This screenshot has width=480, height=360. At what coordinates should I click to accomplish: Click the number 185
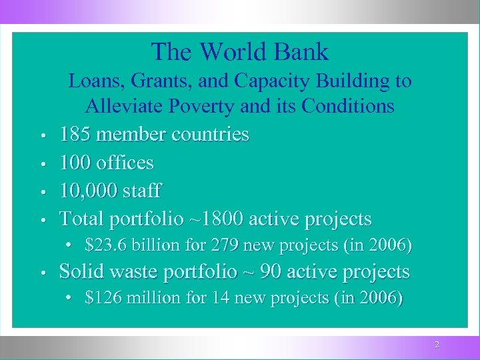(75, 135)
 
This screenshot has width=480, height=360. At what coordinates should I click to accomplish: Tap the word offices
(125, 163)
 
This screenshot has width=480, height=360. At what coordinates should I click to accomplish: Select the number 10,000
(88, 191)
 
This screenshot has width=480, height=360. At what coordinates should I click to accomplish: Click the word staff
(141, 191)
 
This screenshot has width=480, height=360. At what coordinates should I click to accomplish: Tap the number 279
(227, 246)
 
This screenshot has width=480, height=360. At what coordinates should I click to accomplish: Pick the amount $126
(103, 298)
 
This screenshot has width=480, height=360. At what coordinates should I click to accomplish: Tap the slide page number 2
(437, 345)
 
